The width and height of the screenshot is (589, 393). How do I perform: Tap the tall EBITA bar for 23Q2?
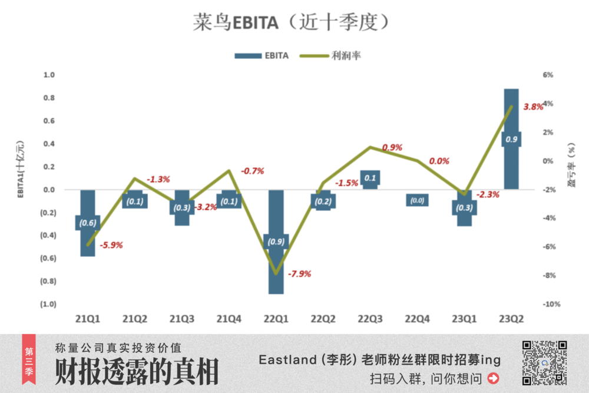click(511, 118)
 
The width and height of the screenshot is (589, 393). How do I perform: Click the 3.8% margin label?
click(533, 107)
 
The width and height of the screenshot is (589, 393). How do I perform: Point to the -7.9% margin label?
click(299, 273)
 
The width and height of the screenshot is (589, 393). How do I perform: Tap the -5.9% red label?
click(111, 245)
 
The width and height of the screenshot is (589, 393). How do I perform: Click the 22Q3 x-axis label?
click(370, 319)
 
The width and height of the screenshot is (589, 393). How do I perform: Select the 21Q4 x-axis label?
click(229, 319)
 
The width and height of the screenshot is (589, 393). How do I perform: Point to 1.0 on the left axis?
click(48, 75)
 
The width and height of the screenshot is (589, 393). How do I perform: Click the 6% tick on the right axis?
click(548, 75)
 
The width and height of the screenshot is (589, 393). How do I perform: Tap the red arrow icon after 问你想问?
click(494, 378)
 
